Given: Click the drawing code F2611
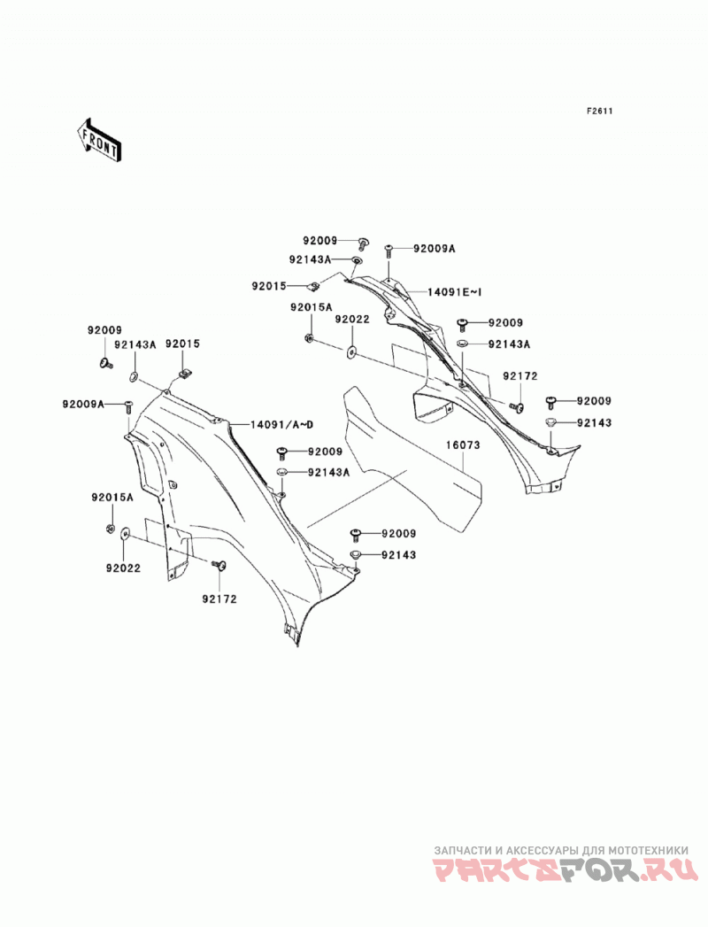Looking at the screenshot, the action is pyautogui.click(x=599, y=111).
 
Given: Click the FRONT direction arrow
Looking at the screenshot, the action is pyautogui.click(x=98, y=140).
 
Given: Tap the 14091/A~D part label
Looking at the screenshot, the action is pyautogui.click(x=282, y=424).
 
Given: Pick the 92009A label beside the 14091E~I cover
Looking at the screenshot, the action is pyautogui.click(x=435, y=249).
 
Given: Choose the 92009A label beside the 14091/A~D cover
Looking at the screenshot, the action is pyautogui.click(x=83, y=404).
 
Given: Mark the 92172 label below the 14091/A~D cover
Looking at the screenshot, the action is pyautogui.click(x=219, y=599).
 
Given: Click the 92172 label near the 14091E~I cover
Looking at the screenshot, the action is pyautogui.click(x=520, y=376).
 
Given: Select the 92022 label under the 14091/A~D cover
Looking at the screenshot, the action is pyautogui.click(x=124, y=568).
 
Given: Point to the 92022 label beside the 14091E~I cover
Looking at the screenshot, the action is pyautogui.click(x=352, y=320).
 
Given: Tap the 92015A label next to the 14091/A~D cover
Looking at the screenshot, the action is pyautogui.click(x=112, y=498).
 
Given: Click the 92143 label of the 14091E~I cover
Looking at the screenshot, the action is pyautogui.click(x=595, y=422).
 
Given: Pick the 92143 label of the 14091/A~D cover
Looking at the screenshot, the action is pyautogui.click(x=399, y=554).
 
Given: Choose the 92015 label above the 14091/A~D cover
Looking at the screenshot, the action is pyautogui.click(x=182, y=344).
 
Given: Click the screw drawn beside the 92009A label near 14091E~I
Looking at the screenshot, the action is pyautogui.click(x=389, y=251).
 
